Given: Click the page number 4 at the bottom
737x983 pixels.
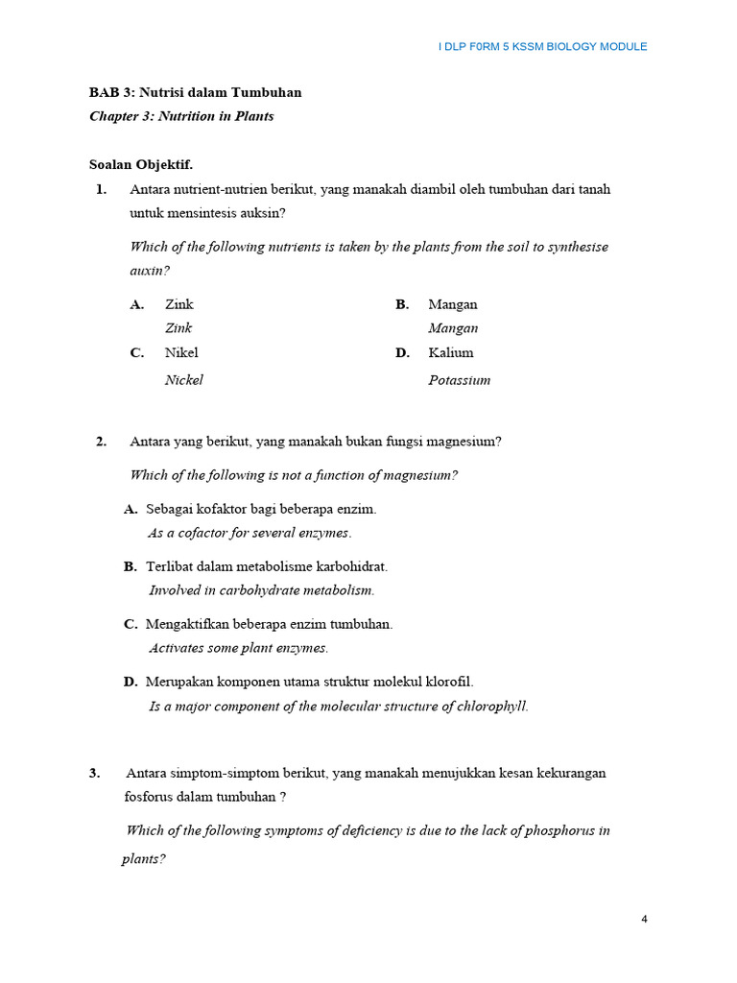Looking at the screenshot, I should [x=644, y=919].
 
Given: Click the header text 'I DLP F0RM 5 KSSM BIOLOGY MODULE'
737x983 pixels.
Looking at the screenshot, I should [x=542, y=46].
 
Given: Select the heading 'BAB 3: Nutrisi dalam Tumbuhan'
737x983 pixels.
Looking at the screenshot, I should [x=195, y=93].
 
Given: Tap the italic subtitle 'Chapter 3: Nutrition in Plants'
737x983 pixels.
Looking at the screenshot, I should [x=181, y=116].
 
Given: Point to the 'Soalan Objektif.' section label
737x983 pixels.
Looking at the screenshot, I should [x=141, y=164].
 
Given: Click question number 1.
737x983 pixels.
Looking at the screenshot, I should [x=101, y=189].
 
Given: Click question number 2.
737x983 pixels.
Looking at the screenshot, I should [x=101, y=442].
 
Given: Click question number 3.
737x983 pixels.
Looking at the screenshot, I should [x=95, y=773].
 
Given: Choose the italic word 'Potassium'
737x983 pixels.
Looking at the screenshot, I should [x=459, y=380].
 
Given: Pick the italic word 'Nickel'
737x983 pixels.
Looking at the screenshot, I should [x=184, y=380].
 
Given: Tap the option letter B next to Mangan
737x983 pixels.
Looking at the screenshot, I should [x=402, y=304].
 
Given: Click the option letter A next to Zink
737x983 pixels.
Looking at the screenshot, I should [x=137, y=304].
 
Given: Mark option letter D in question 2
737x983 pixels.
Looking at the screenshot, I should [x=131, y=682].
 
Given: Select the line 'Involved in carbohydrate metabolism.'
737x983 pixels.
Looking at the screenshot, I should [x=262, y=590].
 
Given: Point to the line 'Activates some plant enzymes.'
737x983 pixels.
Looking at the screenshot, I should [x=239, y=648].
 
